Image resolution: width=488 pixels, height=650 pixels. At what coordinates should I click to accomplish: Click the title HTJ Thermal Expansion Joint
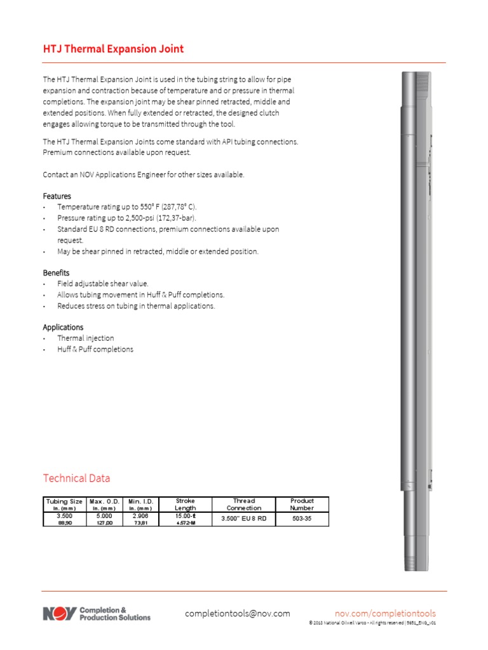pyautogui.click(x=113, y=49)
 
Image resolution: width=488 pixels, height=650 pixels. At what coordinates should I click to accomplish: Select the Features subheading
pyautogui.click(x=57, y=196)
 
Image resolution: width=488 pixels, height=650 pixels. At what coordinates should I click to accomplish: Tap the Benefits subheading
pyautogui.click(x=56, y=272)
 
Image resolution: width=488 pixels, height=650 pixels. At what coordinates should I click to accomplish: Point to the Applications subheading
pyautogui.click(x=63, y=327)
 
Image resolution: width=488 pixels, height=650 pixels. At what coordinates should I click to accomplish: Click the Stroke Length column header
pyautogui.click(x=185, y=504)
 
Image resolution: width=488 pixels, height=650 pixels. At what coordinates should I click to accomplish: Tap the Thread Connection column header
pyautogui.click(x=244, y=504)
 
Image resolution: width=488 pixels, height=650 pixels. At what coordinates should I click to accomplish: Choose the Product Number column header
pyautogui.click(x=302, y=504)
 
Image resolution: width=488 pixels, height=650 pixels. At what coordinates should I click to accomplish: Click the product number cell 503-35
pyautogui.click(x=302, y=519)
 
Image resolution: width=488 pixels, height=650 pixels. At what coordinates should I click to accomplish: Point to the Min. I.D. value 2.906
pyautogui.click(x=140, y=517)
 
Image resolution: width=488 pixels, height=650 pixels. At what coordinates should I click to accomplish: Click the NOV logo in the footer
pyautogui.click(x=60, y=614)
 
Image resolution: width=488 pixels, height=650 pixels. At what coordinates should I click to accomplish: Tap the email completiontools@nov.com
pyautogui.click(x=237, y=613)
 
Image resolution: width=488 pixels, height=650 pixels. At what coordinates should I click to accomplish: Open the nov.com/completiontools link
pyautogui.click(x=385, y=613)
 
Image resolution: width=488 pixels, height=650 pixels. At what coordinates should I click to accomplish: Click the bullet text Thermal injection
pyautogui.click(x=86, y=338)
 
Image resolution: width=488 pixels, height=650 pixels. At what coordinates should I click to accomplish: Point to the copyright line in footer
pyautogui.click(x=372, y=623)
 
